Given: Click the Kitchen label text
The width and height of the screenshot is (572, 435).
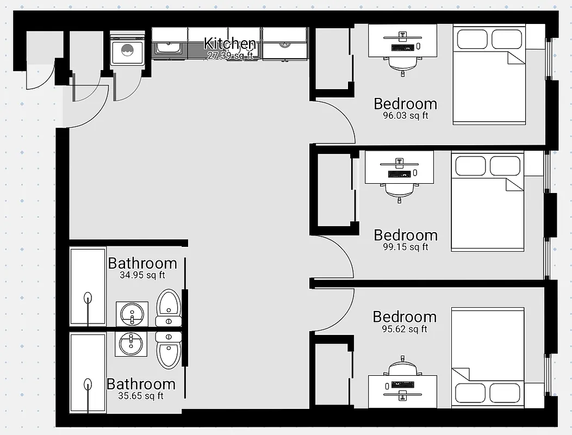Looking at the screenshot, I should tap(229, 43).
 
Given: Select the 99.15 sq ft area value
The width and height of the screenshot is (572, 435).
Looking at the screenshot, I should tap(405, 247).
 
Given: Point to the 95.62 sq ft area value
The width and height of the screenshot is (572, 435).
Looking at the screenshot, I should tap(404, 329).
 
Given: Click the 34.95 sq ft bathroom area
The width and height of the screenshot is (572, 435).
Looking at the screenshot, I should tap(142, 275).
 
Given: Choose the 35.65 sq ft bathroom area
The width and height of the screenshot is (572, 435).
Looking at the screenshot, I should tap(141, 396).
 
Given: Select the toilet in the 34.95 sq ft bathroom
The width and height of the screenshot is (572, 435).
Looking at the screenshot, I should tap(168, 307).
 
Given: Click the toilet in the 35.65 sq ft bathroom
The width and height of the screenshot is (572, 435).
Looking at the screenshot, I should tap(168, 348).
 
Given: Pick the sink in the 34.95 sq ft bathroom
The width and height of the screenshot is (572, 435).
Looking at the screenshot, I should tap(132, 314).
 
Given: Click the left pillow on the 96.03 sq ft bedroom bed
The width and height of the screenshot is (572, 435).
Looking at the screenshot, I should tap(472, 39).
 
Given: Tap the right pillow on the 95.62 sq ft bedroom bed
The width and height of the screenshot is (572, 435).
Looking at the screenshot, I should tap(505, 392).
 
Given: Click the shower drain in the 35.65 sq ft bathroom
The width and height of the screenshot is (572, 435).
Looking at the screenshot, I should tap(88, 384).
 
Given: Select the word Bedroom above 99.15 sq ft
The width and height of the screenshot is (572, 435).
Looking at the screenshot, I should tap(405, 235).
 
